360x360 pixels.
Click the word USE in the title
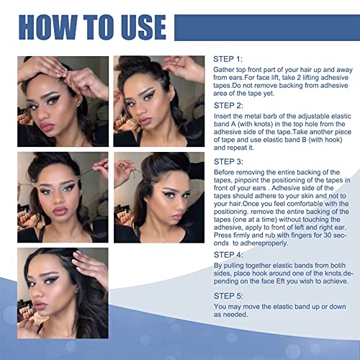(138, 27)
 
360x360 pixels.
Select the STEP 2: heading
(230, 105)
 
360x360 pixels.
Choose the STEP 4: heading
(230, 254)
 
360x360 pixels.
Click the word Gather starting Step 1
(227, 70)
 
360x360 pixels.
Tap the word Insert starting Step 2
(225, 117)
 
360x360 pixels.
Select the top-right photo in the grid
(158, 102)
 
